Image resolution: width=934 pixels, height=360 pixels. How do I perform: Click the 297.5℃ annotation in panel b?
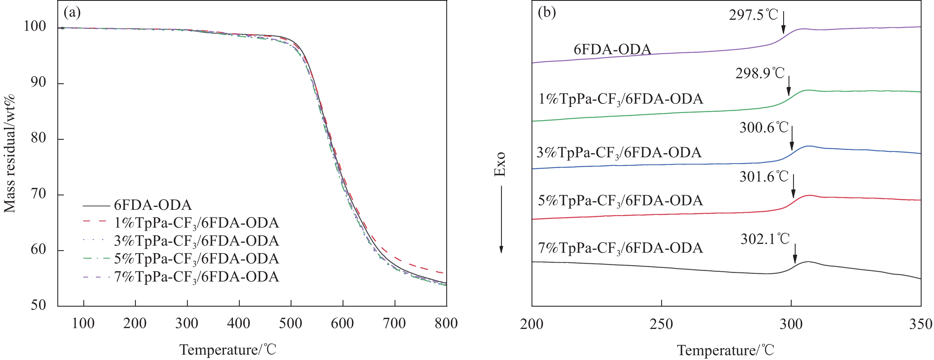point(754,15)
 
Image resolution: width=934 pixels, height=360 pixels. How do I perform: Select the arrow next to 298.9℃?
point(788,86)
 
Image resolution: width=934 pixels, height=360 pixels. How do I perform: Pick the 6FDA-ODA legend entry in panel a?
point(153,205)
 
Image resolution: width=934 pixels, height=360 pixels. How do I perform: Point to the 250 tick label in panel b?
point(661,324)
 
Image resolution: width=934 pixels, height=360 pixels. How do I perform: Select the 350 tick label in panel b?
point(920,324)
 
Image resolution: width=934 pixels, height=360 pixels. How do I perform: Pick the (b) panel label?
point(547,13)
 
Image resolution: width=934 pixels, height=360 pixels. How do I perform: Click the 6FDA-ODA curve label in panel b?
point(612,49)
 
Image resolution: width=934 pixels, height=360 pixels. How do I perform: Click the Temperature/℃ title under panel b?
point(726,350)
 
